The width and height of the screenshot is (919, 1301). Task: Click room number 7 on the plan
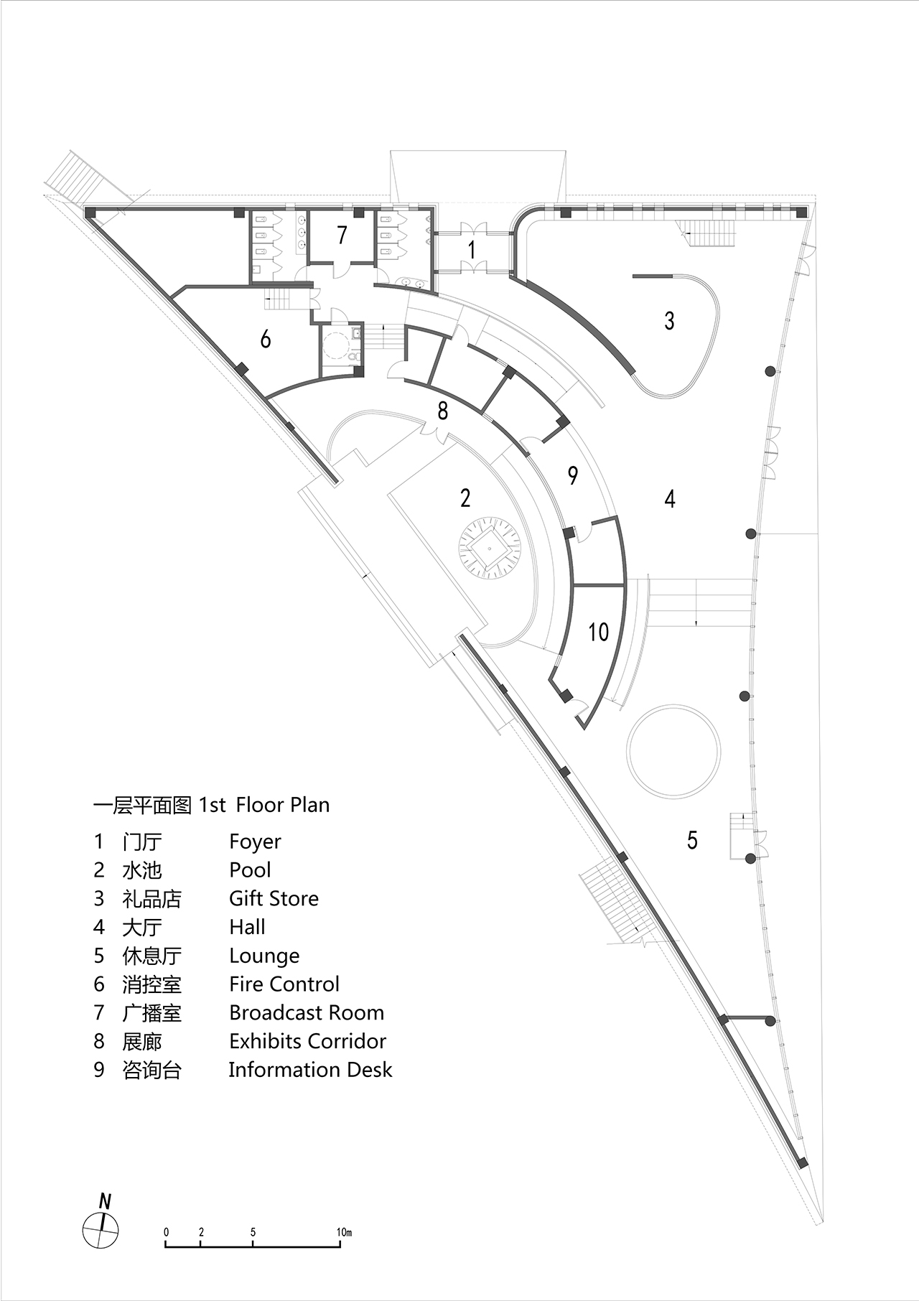342,235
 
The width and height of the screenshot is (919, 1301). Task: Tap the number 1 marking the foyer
472,250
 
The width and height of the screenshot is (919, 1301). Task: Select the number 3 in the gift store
669,320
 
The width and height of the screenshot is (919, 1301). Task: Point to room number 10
599,632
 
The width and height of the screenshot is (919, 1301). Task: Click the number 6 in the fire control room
266,338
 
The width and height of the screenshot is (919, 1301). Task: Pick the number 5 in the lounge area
692,839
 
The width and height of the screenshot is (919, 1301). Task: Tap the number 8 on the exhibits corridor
443,410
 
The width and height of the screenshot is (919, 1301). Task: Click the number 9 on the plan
572,475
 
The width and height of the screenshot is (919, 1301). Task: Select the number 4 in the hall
670,498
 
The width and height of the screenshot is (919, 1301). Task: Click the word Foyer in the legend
255,841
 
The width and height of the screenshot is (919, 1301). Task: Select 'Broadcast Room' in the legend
307,1012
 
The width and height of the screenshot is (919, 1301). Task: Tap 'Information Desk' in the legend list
310,1070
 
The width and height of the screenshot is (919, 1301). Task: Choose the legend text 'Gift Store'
274,898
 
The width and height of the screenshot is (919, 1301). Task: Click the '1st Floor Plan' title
264,805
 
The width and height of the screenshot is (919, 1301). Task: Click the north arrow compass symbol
101,1230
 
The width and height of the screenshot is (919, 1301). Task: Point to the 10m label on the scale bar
344,1232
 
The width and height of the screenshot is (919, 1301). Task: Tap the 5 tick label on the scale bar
253,1232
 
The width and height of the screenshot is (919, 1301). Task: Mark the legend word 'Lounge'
264,956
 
